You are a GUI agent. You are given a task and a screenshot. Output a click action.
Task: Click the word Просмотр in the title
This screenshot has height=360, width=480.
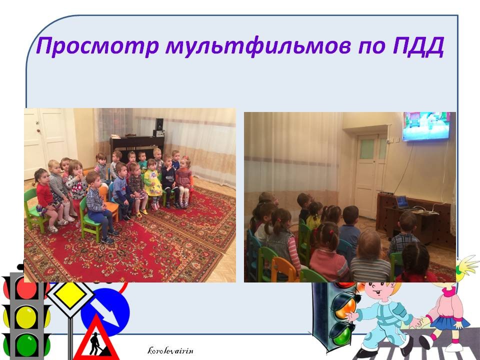point(97,46)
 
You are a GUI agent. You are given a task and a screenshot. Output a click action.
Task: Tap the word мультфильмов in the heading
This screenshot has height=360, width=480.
point(258,46)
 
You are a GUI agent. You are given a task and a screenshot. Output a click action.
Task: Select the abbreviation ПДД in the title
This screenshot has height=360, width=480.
point(418,46)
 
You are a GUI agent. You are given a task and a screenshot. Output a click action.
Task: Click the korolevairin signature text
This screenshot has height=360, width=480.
point(170,350)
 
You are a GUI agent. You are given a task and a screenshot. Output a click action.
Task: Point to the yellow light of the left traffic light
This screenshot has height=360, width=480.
point(26,317)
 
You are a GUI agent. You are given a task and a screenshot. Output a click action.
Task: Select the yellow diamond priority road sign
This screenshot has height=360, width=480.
point(70,295)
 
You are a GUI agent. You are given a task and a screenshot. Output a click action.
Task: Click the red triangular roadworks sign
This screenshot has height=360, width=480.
point(96,339)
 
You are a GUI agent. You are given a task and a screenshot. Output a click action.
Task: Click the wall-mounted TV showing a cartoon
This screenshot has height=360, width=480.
point(426,126)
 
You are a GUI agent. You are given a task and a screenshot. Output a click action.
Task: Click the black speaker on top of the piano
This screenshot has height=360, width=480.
point(159,124)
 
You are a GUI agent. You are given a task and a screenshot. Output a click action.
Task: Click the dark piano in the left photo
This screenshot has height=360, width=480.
point(137,147)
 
